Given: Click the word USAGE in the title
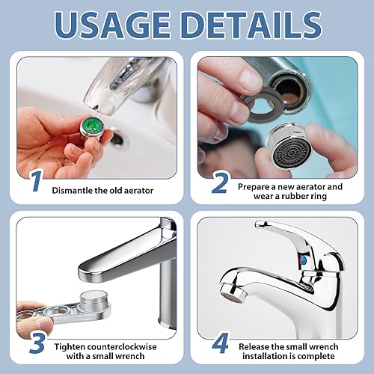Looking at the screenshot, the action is tap(112, 25).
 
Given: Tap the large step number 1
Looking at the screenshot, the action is tap(37, 181).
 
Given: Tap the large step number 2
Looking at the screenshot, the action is tap(220, 184).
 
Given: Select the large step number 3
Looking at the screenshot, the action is tap(37, 343).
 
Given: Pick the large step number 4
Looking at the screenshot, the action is tap(221, 343).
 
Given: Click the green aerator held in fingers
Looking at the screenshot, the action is tap(93, 127).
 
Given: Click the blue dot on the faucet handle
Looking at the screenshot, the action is tap(303, 260).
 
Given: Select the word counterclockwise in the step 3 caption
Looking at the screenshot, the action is tap(122, 347).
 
